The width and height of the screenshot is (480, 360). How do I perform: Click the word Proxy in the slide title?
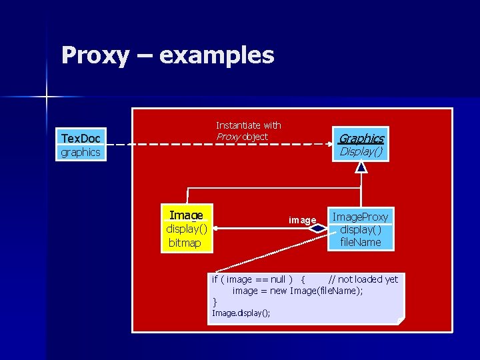point(95,55)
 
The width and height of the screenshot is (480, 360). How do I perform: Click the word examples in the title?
point(217,55)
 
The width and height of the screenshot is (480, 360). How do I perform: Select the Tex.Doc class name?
point(81,138)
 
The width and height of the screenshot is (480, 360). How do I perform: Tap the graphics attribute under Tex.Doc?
point(81,152)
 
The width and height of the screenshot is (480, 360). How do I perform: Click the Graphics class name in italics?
point(361,138)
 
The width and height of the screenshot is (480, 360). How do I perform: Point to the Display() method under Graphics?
point(361,151)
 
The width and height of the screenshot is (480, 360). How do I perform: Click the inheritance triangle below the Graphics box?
point(361,167)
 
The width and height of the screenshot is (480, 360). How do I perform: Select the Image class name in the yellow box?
point(186,215)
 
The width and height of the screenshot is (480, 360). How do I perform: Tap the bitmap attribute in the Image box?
point(185,243)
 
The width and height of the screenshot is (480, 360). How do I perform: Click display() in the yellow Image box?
point(186,229)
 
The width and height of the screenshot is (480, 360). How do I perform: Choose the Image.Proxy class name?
point(360,217)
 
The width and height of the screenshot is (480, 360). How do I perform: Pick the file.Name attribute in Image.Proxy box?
point(360,242)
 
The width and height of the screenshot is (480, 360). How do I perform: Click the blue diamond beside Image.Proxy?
point(319,229)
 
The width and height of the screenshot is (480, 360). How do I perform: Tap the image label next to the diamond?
point(302,219)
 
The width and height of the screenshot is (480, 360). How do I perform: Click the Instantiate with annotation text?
point(248,125)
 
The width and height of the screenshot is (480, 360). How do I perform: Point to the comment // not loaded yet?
point(363,279)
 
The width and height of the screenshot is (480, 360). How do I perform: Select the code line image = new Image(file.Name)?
point(297,291)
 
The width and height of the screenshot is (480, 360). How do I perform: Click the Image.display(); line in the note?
point(241,313)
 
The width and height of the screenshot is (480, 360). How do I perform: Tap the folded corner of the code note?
point(401,321)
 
